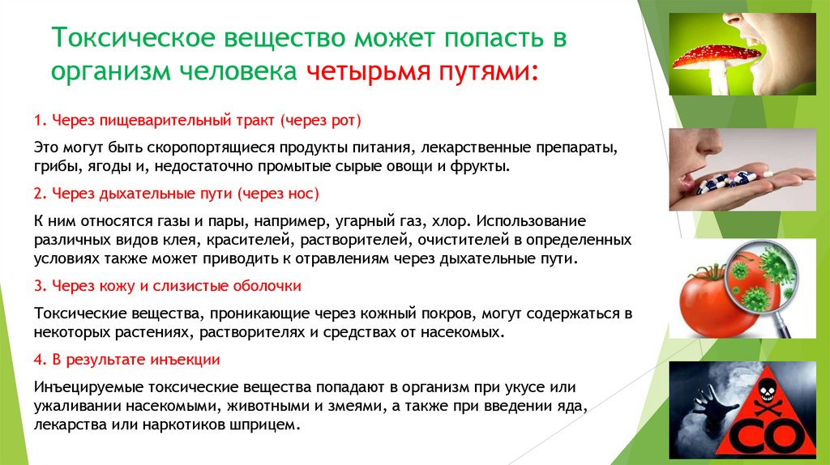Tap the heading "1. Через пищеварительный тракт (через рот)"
pyautogui.click(x=198, y=121)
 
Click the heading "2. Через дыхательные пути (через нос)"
pyautogui.click(x=177, y=194)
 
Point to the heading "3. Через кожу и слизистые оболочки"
pyautogui.click(x=168, y=286)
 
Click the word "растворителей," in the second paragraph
pyautogui.click(x=365, y=240)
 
